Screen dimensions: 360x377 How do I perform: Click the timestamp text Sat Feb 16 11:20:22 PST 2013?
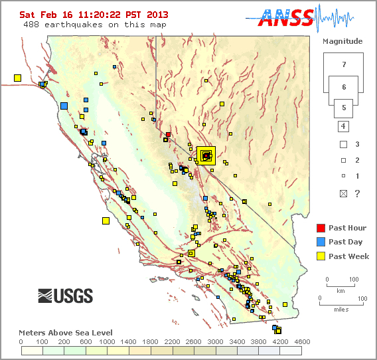pos(94,14)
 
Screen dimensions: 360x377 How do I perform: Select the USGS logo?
pos(65,296)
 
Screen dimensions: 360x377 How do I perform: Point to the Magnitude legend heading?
pos(342,41)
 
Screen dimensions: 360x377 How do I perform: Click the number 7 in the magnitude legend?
pos(343,65)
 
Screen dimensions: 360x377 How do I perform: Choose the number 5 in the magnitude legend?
pos(343,107)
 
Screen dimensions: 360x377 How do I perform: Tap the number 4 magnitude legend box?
pos(343,126)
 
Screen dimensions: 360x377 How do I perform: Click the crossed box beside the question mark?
pos(343,193)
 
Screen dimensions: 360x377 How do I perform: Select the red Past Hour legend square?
pos(321,228)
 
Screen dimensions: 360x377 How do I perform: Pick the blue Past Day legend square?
pos(321,242)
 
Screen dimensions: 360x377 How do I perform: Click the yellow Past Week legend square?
pos(321,256)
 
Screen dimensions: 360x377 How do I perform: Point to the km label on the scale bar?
pos(340,291)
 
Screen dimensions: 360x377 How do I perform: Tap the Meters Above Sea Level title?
pos(66,332)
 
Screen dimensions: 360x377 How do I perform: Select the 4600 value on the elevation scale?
pos(293,341)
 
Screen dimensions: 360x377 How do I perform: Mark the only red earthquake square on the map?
pos(169,134)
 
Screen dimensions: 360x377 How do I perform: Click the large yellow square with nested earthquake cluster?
pos(206,155)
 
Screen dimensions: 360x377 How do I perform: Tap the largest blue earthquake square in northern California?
pos(64,105)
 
